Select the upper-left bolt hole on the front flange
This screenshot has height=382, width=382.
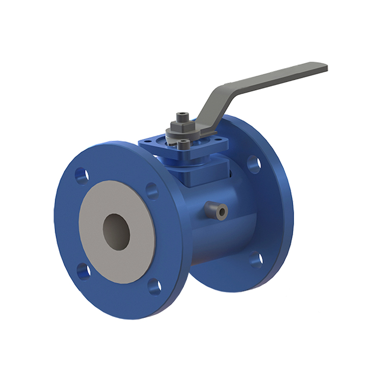pyautogui.click(x=81, y=176)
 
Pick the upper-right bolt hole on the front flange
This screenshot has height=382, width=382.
pyautogui.click(x=152, y=190)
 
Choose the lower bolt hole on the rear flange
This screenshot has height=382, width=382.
pyautogui.click(x=256, y=259)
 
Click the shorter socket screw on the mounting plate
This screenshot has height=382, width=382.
pyautogui.click(x=183, y=144)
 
